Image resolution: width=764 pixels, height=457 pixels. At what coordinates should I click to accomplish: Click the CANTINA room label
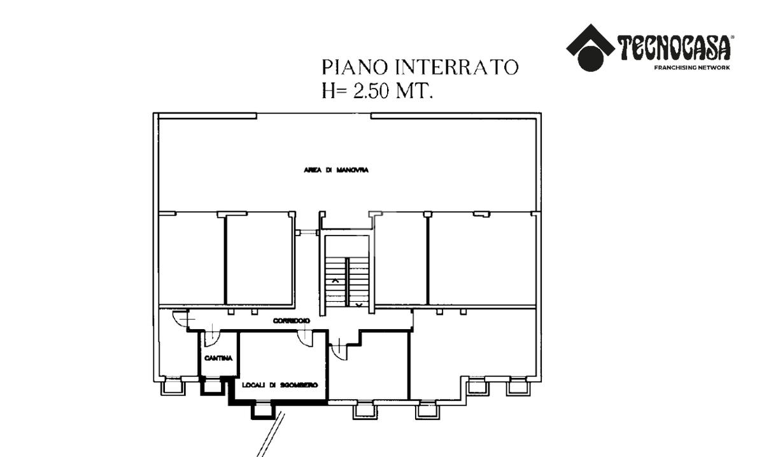(x=218, y=358)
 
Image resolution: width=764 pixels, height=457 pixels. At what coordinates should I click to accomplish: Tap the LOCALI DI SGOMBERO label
(x=280, y=385)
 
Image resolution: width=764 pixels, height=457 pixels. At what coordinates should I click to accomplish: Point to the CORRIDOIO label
(x=292, y=321)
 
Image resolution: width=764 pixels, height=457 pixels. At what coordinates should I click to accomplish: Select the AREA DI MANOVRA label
(x=336, y=170)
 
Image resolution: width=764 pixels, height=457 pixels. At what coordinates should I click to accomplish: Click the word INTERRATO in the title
(x=457, y=67)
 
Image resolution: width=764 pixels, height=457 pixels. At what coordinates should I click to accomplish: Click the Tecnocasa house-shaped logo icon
(x=590, y=48)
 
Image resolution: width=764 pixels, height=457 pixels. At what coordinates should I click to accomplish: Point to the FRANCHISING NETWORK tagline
(x=692, y=67)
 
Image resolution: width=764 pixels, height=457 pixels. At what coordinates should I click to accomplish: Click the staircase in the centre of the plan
(x=347, y=282)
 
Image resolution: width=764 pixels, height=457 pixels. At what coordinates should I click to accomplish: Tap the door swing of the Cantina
(x=212, y=339)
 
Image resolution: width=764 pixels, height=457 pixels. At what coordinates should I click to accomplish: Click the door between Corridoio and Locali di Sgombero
(x=305, y=339)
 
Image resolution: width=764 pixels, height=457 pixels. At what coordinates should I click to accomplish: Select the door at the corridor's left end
(x=181, y=318)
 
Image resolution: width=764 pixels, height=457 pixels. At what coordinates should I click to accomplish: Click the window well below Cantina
(x=213, y=386)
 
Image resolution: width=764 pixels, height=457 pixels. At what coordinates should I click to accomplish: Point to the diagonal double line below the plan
(x=271, y=434)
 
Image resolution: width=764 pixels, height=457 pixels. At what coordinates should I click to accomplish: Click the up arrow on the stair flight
(x=336, y=281)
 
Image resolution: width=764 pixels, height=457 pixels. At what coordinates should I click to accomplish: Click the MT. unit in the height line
(x=414, y=91)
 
